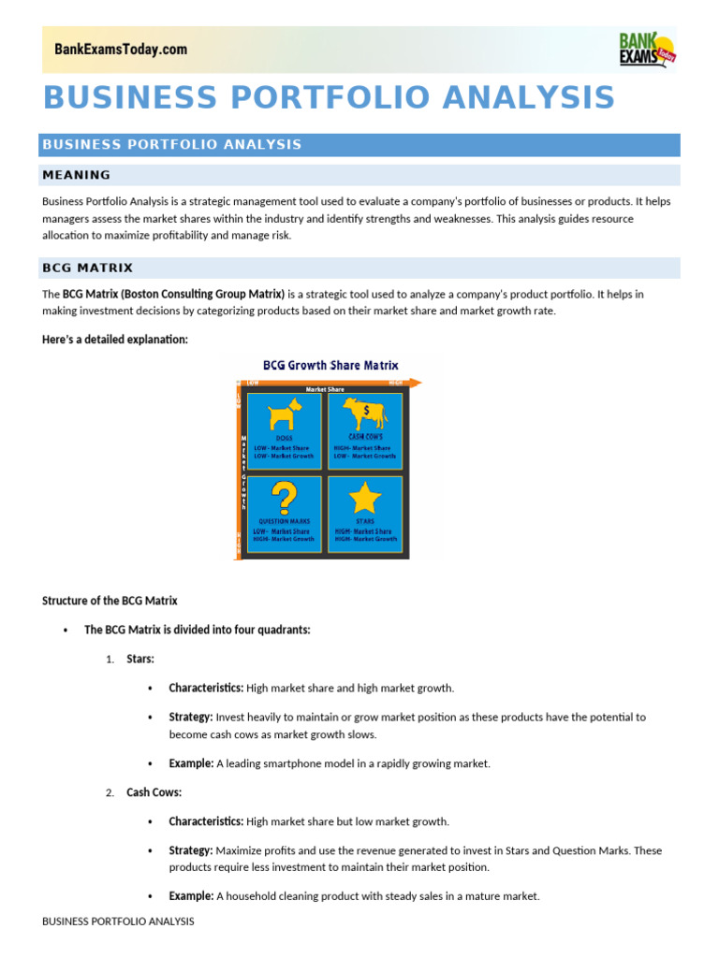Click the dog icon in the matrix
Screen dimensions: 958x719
pyautogui.click(x=284, y=414)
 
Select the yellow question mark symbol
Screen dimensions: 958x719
pyautogui.click(x=283, y=497)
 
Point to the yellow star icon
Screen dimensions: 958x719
pyautogui.click(x=365, y=497)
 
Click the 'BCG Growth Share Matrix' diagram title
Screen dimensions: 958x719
pyautogui.click(x=330, y=366)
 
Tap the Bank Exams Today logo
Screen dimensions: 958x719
pyautogui.click(x=647, y=49)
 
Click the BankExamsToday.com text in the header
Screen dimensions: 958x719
pyautogui.click(x=121, y=50)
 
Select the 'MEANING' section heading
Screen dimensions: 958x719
pyautogui.click(x=77, y=175)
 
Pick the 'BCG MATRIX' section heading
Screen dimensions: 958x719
pyautogui.click(x=88, y=268)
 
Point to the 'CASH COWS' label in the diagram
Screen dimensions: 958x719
pyautogui.click(x=364, y=437)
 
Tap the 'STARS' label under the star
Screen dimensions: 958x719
pyautogui.click(x=365, y=521)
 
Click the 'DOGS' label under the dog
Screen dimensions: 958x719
pyautogui.click(x=284, y=438)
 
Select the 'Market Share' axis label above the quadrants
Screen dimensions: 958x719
pyautogui.click(x=325, y=389)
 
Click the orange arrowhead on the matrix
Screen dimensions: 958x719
pyautogui.click(x=418, y=382)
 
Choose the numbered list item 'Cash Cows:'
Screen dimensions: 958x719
pyautogui.click(x=154, y=792)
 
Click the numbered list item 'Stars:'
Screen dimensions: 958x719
pyautogui.click(x=140, y=659)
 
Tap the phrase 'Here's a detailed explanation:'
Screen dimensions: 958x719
pyautogui.click(x=115, y=339)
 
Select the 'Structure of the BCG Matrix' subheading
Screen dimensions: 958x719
pyautogui.click(x=110, y=601)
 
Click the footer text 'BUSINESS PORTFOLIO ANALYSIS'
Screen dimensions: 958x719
pyautogui.click(x=118, y=922)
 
